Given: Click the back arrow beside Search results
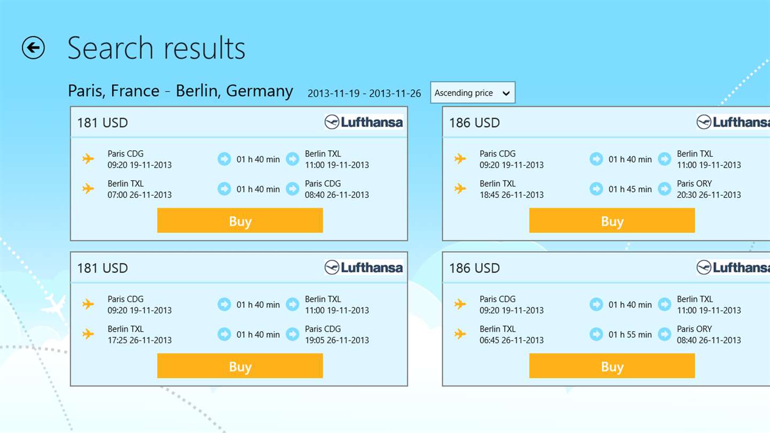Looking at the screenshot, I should tap(33, 48).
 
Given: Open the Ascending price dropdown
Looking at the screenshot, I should tap(472, 93).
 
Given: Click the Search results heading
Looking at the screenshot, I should tap(156, 48).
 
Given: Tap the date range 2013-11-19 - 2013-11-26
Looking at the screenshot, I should tap(364, 94).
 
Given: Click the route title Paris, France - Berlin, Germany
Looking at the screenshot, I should tap(180, 91).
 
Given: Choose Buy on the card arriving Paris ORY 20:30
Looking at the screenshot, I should tap(612, 221).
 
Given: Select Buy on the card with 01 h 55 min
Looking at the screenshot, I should tap(612, 366).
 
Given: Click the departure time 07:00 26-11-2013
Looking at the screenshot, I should tap(140, 195).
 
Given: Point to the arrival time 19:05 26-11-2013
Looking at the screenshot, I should tap(337, 341).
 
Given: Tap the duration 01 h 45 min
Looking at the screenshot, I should tap(630, 189).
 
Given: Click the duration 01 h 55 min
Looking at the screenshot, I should tap(630, 335).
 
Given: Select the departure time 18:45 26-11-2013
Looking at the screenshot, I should tap(512, 195).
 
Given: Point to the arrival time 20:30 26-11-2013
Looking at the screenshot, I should tap(709, 195).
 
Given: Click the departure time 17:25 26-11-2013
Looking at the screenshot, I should tap(140, 341).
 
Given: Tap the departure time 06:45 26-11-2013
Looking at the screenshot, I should tap(512, 341).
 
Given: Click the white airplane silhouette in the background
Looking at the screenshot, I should tap(54, 307).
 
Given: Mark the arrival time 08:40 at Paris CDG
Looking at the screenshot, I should tap(337, 195).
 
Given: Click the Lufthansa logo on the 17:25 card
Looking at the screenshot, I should tap(364, 267).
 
